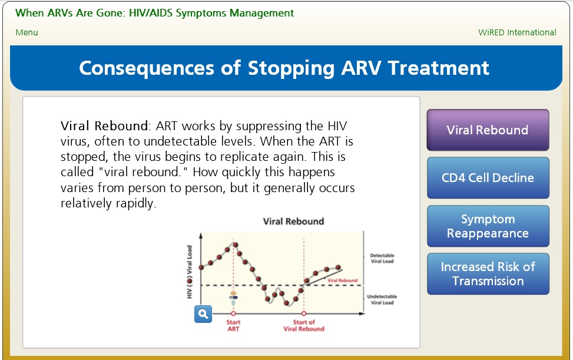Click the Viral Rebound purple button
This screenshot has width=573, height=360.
click(488, 130)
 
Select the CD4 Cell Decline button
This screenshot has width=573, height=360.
click(488, 177)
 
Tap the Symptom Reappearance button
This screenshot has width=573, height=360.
click(488, 226)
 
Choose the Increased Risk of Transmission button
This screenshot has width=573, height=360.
click(488, 274)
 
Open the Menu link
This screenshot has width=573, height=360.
click(27, 32)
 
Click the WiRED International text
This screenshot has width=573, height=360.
click(517, 32)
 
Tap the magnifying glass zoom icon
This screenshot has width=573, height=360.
click(203, 314)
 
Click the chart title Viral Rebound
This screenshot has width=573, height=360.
click(293, 221)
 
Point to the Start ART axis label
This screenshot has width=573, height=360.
click(233, 325)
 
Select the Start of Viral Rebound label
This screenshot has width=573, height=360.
click(304, 325)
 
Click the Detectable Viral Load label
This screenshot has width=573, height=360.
click(382, 258)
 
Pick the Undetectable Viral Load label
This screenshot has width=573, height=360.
click(382, 299)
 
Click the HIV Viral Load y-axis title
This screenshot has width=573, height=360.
click(189, 272)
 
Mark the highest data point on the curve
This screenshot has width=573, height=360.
click(236, 245)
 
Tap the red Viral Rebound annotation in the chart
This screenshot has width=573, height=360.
click(342, 280)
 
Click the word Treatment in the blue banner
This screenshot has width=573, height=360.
click(439, 68)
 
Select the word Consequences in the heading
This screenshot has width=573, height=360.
click(147, 68)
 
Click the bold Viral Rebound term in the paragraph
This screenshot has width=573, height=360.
click(104, 125)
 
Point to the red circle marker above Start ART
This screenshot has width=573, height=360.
click(233, 313)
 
